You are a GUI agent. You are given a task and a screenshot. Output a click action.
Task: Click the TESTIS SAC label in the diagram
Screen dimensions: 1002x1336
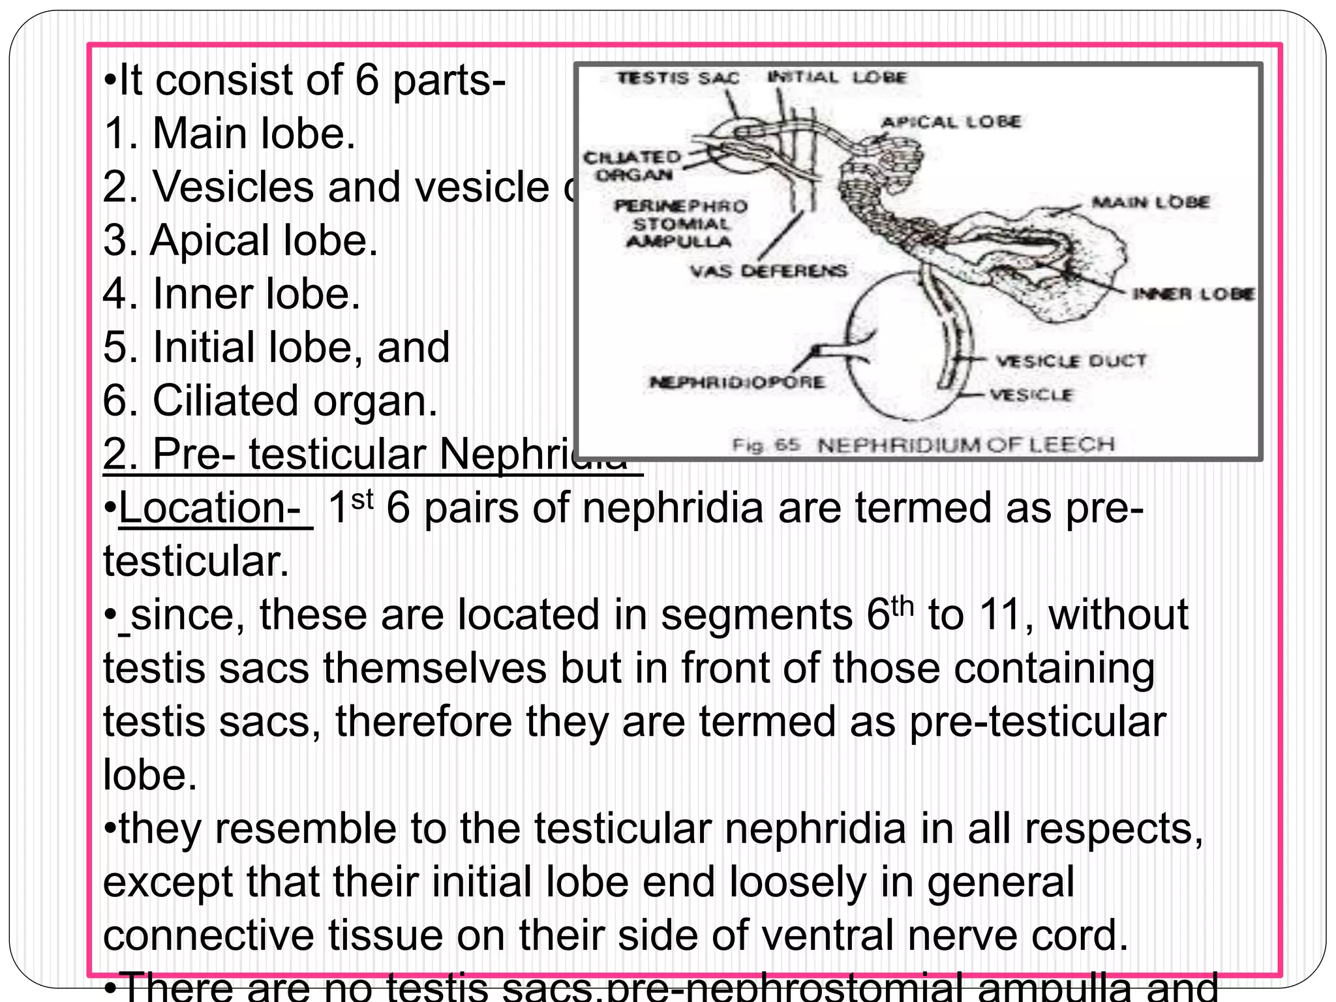point(678,78)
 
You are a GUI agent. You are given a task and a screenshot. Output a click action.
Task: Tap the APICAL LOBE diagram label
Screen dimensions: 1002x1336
point(950,122)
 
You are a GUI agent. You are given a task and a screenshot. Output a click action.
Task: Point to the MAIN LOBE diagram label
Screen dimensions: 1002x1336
point(1151,202)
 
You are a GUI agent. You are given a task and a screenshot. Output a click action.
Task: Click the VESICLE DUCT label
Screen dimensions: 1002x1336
point(1070,361)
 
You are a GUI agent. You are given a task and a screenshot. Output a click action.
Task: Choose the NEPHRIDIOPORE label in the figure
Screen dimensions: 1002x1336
point(736,382)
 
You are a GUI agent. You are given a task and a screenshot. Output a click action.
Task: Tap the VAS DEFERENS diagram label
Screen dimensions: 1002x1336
point(768,270)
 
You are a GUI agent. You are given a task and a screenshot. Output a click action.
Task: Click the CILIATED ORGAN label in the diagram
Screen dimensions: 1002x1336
point(632,166)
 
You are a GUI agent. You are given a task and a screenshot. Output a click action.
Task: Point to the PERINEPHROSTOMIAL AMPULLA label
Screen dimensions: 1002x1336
point(680,224)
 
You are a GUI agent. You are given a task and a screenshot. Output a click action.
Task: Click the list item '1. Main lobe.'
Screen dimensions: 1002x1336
point(230,133)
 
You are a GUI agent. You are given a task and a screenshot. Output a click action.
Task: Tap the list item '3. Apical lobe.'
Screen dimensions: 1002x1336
point(241,240)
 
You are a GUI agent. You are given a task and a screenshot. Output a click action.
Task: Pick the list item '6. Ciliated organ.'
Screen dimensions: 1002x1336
point(270,400)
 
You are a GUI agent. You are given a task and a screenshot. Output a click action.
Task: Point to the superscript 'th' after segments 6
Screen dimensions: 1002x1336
point(902,605)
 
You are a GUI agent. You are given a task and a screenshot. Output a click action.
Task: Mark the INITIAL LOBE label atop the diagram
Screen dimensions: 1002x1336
point(837,78)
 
